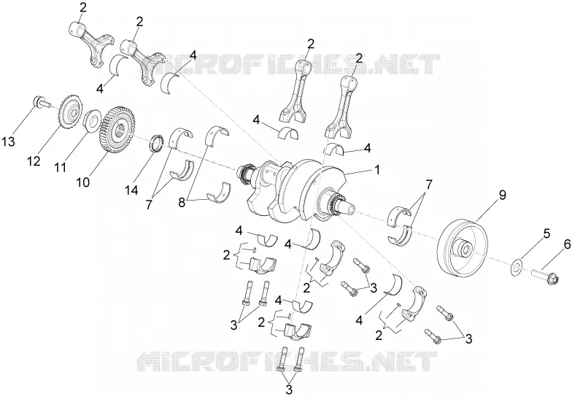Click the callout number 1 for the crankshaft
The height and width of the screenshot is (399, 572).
tap(377, 169)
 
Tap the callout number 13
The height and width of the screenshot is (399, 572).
tap(9, 142)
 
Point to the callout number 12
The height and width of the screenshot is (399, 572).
tap(34, 160)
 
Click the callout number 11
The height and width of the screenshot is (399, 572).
tap(61, 168)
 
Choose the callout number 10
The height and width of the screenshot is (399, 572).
tap(83, 182)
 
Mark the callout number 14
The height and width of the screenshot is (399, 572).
tap(131, 190)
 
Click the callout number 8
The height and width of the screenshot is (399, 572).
tap(182, 203)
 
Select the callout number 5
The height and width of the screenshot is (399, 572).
tap(546, 233)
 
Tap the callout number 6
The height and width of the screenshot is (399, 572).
tap(568, 244)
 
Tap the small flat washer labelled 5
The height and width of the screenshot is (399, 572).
tap(517, 266)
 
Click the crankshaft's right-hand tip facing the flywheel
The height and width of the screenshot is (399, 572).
tap(353, 209)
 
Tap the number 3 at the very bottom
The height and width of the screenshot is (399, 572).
tap(289, 390)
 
